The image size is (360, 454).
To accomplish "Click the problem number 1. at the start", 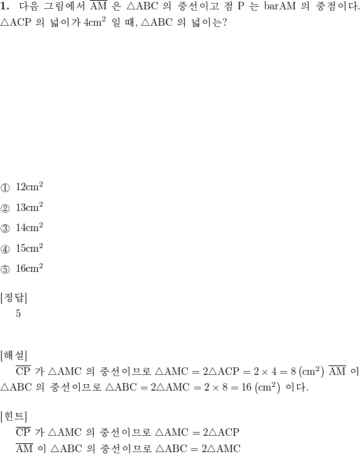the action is (5, 6).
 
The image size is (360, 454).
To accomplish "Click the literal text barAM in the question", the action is (280, 6).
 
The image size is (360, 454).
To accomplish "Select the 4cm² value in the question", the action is (95, 23).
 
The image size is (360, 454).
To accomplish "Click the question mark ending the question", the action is (224, 23).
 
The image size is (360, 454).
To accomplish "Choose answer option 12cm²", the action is (30, 186).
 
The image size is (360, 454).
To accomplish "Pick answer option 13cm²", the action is (30, 207).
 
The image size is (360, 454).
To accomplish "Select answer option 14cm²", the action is (30, 227).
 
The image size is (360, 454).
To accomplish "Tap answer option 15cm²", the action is (30, 248).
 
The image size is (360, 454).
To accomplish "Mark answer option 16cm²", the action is (30, 268).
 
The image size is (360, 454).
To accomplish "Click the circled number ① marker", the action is (5, 188).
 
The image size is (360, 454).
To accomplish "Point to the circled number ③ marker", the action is (5, 229).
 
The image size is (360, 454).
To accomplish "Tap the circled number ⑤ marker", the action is (5, 269).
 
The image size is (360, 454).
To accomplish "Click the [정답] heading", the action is (14, 298).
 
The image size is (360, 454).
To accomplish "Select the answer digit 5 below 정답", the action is (18, 313).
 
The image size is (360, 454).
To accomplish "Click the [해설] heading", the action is (14, 355).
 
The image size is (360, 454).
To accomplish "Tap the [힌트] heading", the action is (14, 417).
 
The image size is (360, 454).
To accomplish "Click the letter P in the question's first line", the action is (241, 6).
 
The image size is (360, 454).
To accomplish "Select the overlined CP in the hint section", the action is (23, 431).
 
